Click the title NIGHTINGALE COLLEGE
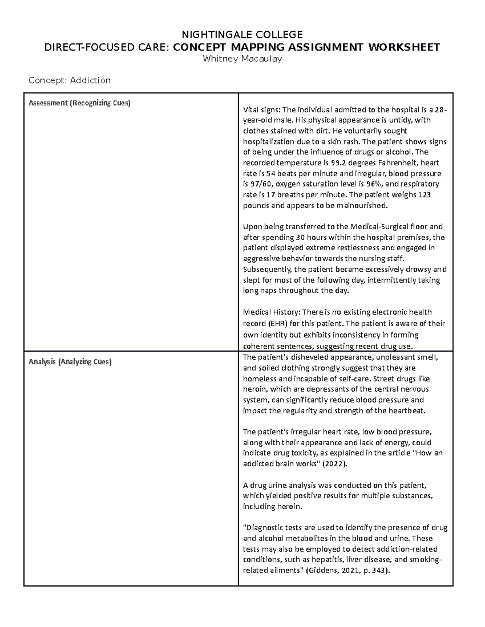242,34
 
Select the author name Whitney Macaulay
242,59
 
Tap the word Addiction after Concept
90,80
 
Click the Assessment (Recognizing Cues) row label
79,103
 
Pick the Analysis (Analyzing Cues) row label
70,362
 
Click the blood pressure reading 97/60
257,184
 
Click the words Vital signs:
261,109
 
